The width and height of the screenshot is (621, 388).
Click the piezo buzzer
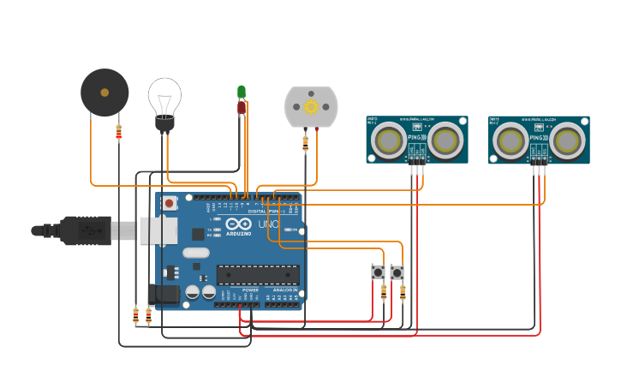tap(104, 93)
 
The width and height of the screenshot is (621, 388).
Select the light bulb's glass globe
tap(164, 94)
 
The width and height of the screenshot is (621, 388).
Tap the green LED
tap(242, 92)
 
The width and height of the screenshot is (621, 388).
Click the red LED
tap(242, 107)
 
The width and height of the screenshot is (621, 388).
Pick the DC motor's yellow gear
tap(311, 106)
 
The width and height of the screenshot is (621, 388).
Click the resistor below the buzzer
tap(118, 132)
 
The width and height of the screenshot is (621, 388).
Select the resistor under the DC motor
tap(305, 143)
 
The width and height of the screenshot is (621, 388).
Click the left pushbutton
tap(378, 272)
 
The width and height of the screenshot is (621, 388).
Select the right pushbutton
tap(397, 272)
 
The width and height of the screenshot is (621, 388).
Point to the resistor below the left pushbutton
tap(383, 292)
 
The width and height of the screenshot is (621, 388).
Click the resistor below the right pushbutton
tap(403, 292)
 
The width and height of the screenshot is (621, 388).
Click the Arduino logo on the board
tap(238, 224)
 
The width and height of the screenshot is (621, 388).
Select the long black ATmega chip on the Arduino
tap(257, 274)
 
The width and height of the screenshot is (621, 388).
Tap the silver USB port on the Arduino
tap(158, 230)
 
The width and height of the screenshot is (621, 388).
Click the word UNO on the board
tap(269, 224)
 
